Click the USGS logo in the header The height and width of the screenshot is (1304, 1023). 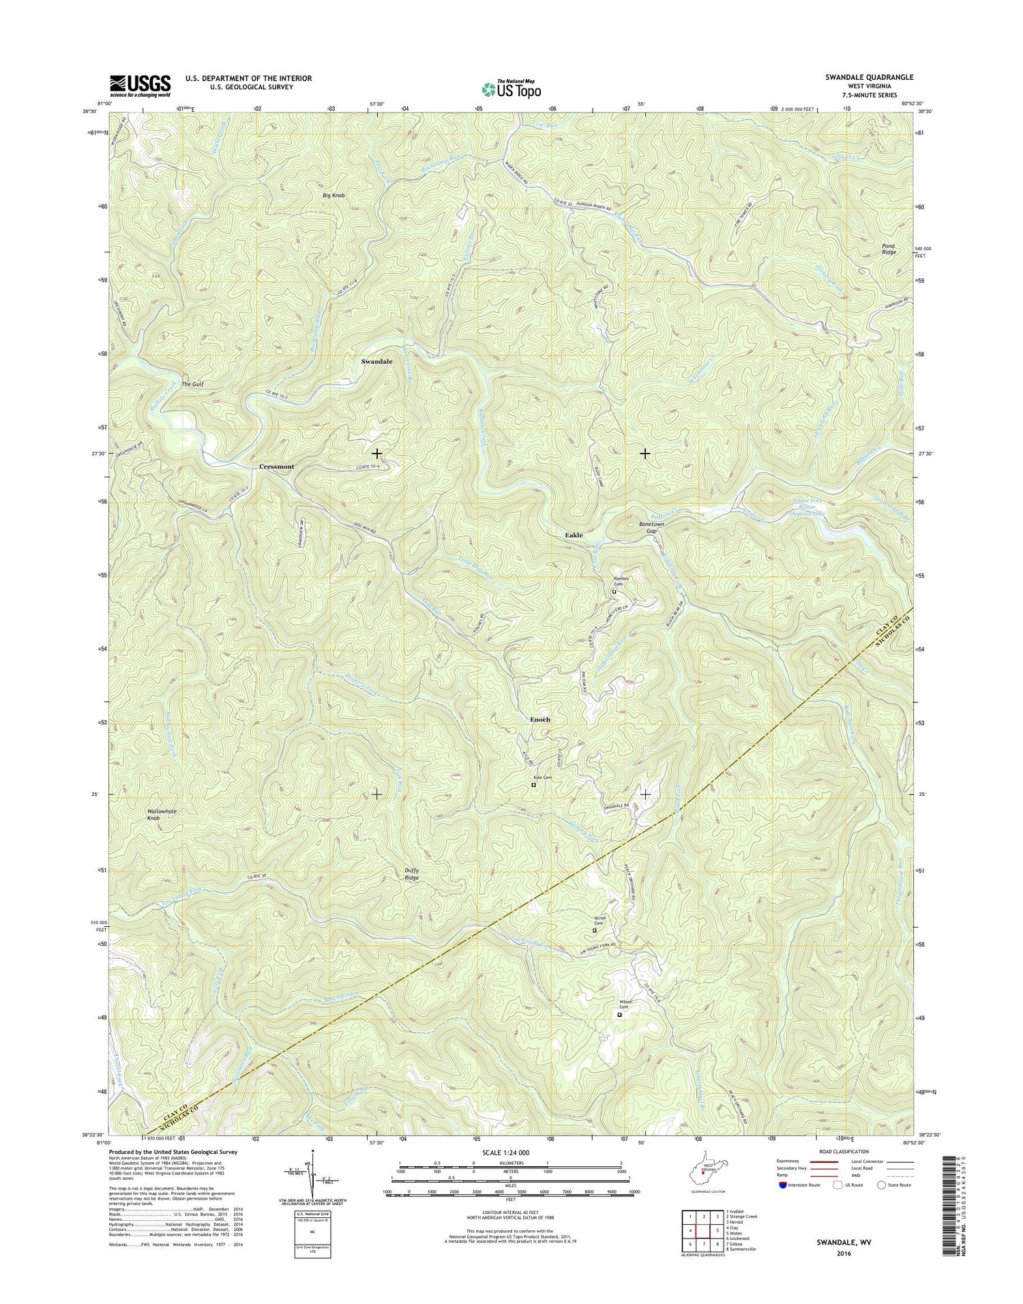tap(140, 85)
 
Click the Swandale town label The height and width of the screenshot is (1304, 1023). tap(376, 361)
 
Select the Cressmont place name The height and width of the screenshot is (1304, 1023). tap(276, 466)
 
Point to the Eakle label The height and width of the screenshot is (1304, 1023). tap(574, 535)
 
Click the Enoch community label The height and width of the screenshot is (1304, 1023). tap(539, 720)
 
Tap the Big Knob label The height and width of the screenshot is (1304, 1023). tap(333, 196)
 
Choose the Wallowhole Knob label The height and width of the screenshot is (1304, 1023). tap(162, 814)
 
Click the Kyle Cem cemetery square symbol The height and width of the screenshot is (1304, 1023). tap(533, 785)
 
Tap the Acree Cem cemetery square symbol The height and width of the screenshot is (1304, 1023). tap(594, 930)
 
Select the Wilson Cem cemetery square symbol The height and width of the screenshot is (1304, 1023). tap(619, 1015)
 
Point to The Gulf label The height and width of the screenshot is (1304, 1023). tap(192, 385)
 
